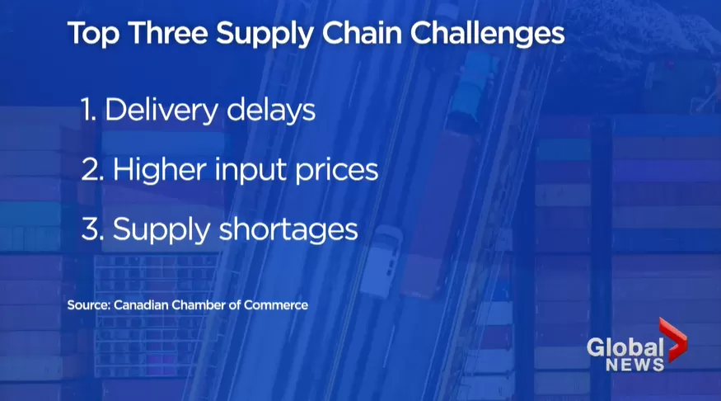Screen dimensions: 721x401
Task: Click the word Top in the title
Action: (93, 35)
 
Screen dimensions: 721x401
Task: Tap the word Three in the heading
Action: (168, 33)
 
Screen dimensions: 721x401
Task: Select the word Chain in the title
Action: (361, 33)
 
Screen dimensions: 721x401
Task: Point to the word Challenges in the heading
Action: (487, 35)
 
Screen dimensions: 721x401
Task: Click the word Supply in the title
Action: (265, 35)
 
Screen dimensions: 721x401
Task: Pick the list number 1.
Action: (88, 110)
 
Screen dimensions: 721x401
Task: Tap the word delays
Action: (271, 111)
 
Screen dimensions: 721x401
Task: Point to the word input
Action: (251, 170)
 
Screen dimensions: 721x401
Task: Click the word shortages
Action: (288, 229)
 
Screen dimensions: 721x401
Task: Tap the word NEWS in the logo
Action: (635, 365)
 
